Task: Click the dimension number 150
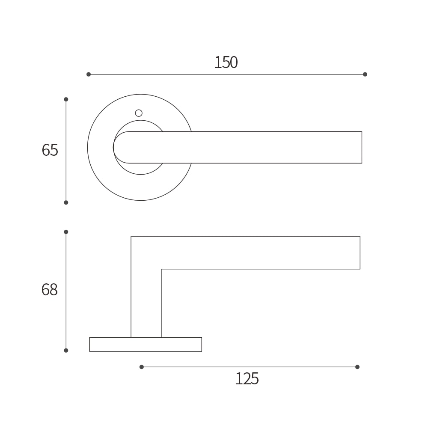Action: coord(226,63)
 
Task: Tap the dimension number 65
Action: coord(50,150)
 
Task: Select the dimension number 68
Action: coord(49,290)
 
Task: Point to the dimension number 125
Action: coord(247,379)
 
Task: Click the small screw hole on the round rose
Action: coord(139,113)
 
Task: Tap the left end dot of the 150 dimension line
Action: coord(89,74)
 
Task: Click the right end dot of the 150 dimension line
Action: coord(365,74)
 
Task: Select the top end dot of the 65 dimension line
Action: coord(66,99)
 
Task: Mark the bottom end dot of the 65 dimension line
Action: coord(66,202)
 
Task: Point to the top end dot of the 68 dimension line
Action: coord(66,232)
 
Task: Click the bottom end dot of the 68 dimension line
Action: coord(66,351)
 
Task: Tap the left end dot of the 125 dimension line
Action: coord(142,367)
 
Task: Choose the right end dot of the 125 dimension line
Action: coord(357,367)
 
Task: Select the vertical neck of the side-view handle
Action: coord(146,304)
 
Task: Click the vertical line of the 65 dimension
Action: coord(66,171)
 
